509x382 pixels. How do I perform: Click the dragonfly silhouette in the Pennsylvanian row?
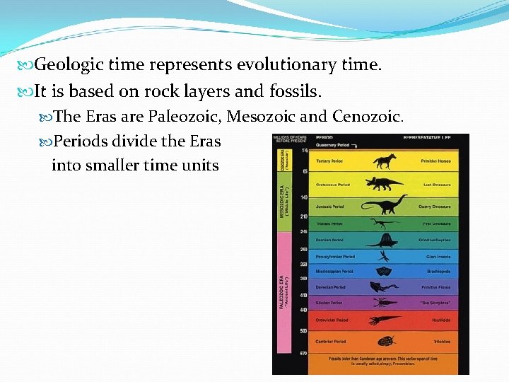coord(384,255)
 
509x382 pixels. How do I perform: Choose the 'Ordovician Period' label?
coord(332,320)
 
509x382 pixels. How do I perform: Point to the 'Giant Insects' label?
coord(438,257)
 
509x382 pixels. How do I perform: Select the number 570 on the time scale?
coord(303,353)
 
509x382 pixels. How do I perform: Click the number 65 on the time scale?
coord(305,172)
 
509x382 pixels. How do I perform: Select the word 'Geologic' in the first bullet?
coord(64,66)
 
